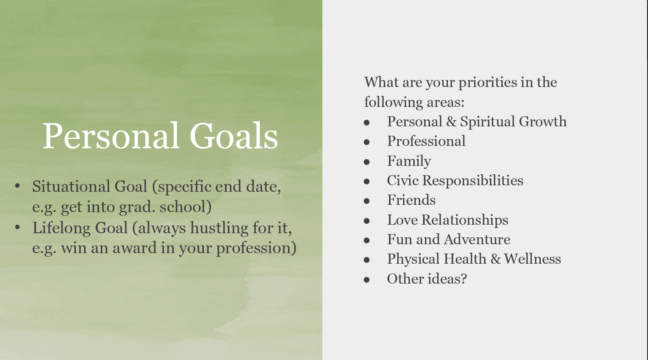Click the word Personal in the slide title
(x=111, y=136)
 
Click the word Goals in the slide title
(x=234, y=136)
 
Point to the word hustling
(x=219, y=228)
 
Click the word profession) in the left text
(x=256, y=248)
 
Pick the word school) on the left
(x=186, y=207)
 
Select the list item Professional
(x=426, y=141)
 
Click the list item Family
(x=409, y=161)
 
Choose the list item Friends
(x=411, y=200)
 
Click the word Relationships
(x=464, y=220)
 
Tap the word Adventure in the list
(x=477, y=239)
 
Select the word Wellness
(x=533, y=259)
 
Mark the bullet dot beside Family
(x=367, y=162)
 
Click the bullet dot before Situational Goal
(x=17, y=186)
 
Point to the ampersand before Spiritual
(x=451, y=121)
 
